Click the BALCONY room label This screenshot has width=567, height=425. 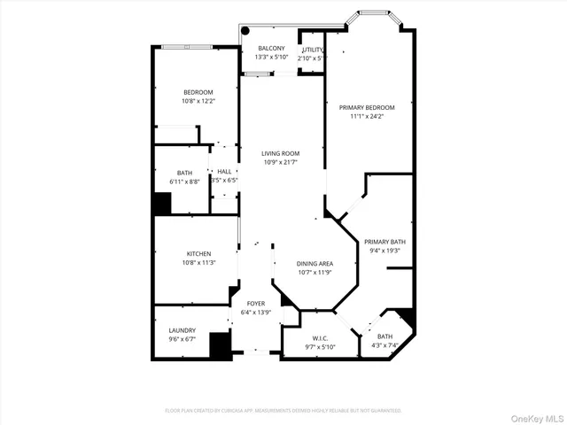coord(271,49)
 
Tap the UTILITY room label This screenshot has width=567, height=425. coord(313,50)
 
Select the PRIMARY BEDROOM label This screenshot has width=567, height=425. coord(367,107)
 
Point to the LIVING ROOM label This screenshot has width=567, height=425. coord(280,153)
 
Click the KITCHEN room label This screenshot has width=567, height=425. coord(198,253)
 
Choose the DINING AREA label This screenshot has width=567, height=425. coord(315,263)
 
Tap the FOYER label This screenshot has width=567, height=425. coord(256,304)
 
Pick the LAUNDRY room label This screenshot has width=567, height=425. coord(182,329)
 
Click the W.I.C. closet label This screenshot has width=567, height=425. coord(321,337)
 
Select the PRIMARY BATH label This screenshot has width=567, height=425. coord(384,241)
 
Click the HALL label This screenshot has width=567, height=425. coord(224,172)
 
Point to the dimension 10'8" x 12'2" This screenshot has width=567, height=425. coord(198,101)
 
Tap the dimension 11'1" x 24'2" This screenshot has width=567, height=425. coord(367,116)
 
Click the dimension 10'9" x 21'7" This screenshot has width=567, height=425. coord(280,162)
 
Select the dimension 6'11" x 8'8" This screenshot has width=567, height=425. coord(184,182)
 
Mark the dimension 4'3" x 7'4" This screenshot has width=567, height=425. coord(384,345)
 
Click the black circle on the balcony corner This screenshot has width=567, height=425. coord(246,30)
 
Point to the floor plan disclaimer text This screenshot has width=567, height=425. coord(283,411)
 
